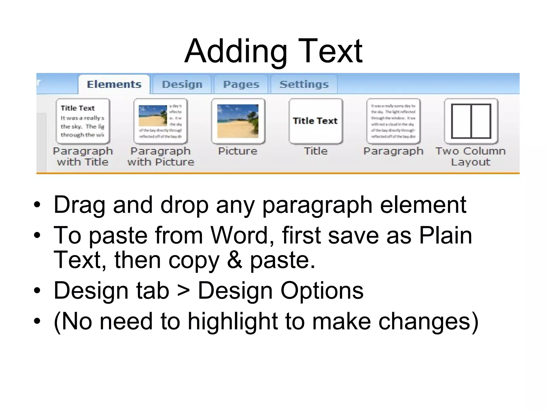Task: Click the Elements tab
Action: [x=114, y=85]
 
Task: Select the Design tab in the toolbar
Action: [x=182, y=85]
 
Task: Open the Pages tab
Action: [x=241, y=85]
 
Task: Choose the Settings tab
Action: [x=304, y=85]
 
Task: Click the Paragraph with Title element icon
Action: [x=83, y=121]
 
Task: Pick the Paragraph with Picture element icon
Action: [x=161, y=121]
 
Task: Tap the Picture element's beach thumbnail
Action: [x=238, y=121]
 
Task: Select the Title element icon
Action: [x=315, y=121]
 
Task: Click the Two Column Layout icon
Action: [x=471, y=121]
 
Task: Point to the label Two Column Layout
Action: [x=471, y=157]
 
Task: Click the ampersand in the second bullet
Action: [x=235, y=260]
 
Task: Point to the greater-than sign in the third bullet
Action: [x=183, y=291]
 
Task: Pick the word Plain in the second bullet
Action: [x=445, y=235]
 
